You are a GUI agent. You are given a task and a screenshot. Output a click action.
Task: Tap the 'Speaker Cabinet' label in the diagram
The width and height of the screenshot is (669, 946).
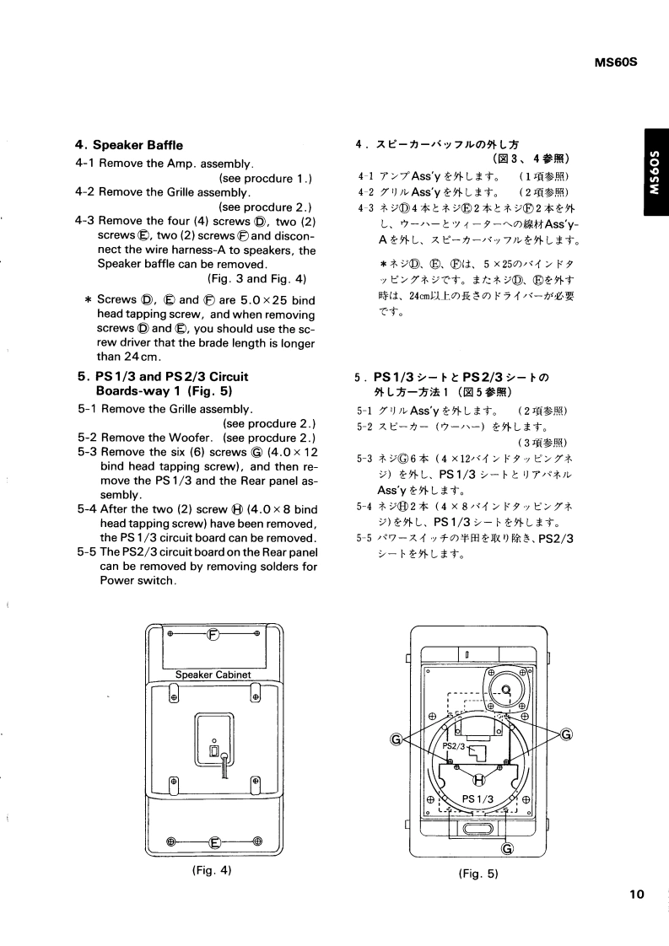point(213,675)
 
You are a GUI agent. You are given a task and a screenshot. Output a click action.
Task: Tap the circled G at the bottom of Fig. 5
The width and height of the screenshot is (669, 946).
point(506,849)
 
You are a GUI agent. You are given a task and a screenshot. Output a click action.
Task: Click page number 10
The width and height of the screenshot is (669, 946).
point(636,895)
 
